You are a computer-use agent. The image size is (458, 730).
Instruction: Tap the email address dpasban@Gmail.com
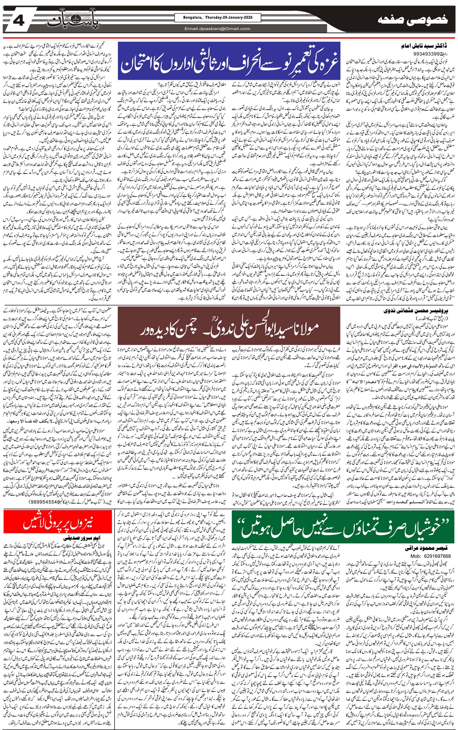point(217,29)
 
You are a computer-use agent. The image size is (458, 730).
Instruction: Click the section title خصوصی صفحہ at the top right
point(413,21)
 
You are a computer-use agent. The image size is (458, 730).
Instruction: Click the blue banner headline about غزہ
point(230,60)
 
